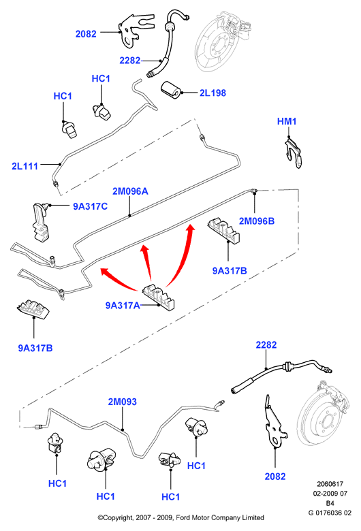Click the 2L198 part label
tap(213, 93)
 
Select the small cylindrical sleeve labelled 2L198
tap(170, 90)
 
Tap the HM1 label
tap(287, 121)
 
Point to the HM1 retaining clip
tap(292, 152)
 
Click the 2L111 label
tap(25, 166)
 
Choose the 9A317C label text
tap(90, 206)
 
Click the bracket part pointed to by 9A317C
tap(41, 222)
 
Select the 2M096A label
tap(130, 191)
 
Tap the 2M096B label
tap(257, 221)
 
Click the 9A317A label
tap(123, 306)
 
